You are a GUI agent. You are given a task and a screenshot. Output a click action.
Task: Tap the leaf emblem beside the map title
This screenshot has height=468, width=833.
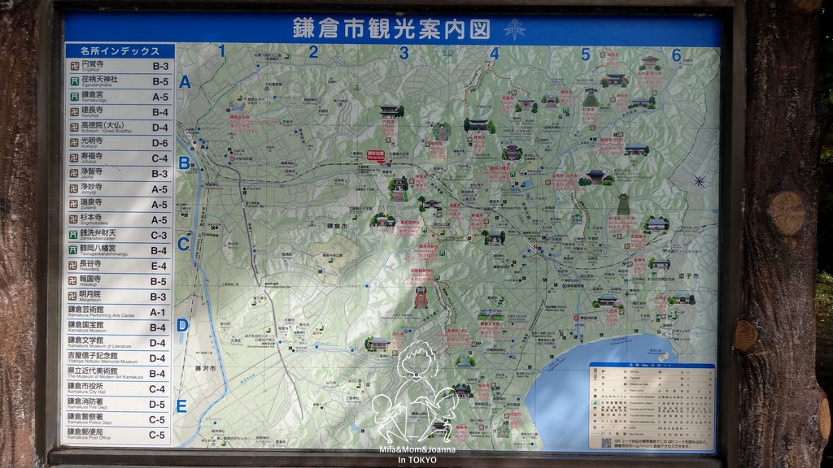(x=514, y=29)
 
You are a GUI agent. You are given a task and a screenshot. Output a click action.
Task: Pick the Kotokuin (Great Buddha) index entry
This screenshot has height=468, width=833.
(x=118, y=128)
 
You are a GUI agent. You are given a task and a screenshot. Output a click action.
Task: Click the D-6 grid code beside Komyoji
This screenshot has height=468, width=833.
(x=159, y=143)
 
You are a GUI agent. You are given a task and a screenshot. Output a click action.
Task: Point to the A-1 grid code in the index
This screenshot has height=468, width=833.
(x=159, y=313)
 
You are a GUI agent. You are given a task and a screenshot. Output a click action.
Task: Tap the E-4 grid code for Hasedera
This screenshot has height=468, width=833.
(x=159, y=266)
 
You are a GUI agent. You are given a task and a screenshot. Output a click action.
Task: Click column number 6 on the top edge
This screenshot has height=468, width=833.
(x=676, y=54)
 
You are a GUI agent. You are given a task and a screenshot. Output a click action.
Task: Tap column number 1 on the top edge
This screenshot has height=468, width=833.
(x=221, y=52)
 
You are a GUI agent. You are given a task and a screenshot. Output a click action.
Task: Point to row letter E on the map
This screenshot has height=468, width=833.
(x=182, y=406)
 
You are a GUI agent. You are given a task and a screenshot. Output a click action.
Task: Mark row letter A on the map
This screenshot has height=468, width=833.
(x=185, y=82)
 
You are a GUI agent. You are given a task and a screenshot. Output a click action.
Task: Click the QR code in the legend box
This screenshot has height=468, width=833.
(x=606, y=443)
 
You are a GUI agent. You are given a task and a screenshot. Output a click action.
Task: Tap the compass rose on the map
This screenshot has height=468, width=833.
(x=699, y=180)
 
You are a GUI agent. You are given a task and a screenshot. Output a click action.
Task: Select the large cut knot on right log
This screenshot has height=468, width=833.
(x=786, y=213)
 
